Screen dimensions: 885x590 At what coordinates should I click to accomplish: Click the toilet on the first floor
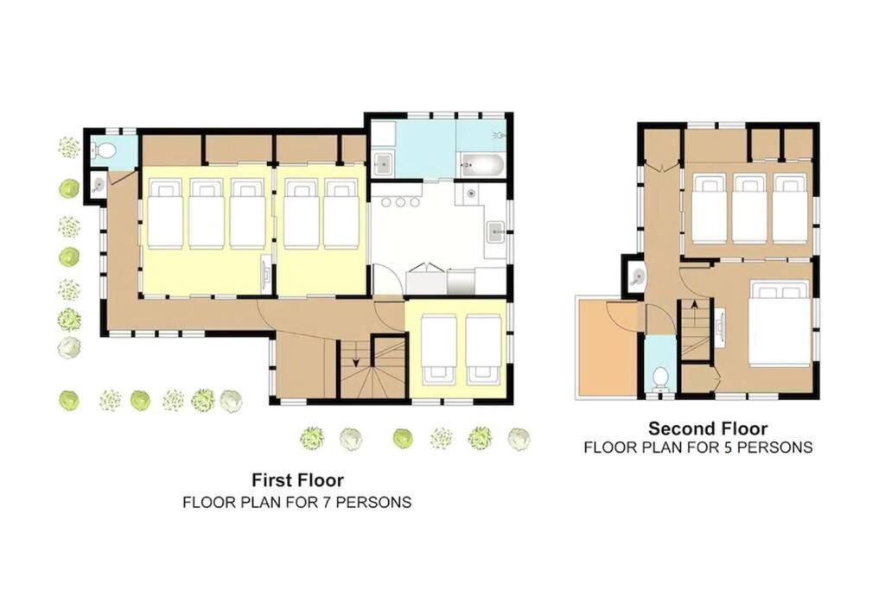(x=104, y=150)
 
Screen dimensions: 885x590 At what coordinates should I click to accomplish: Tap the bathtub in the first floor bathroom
(x=481, y=165)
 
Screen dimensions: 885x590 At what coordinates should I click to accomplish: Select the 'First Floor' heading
(x=297, y=480)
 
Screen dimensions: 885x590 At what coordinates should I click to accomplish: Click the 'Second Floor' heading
(x=708, y=428)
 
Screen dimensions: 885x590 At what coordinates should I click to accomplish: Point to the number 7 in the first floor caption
(x=327, y=501)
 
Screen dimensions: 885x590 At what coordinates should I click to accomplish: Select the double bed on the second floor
(x=780, y=325)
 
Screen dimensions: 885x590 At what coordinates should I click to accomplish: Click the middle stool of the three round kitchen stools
(x=400, y=202)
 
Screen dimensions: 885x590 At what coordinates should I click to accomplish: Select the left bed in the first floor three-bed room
(x=165, y=213)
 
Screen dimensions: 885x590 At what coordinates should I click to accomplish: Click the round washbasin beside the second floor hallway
(x=637, y=276)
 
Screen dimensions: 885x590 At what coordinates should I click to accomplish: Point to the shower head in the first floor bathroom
(x=499, y=136)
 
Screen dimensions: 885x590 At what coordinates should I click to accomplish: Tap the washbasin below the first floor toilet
(x=99, y=185)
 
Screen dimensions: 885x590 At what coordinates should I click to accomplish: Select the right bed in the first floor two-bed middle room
(x=341, y=213)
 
